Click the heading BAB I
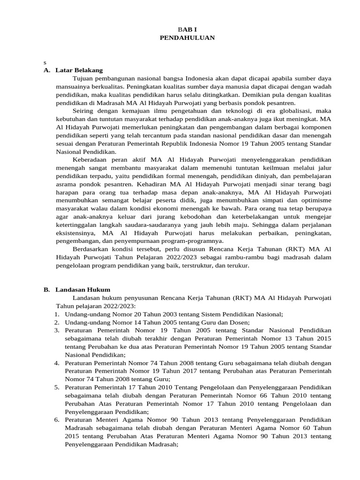click(187, 29)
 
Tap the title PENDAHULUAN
click(187, 37)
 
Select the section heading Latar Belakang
click(79, 70)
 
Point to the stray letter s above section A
click(45, 62)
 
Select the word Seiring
click(84, 111)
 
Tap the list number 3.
click(56, 330)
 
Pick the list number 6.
click(56, 420)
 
